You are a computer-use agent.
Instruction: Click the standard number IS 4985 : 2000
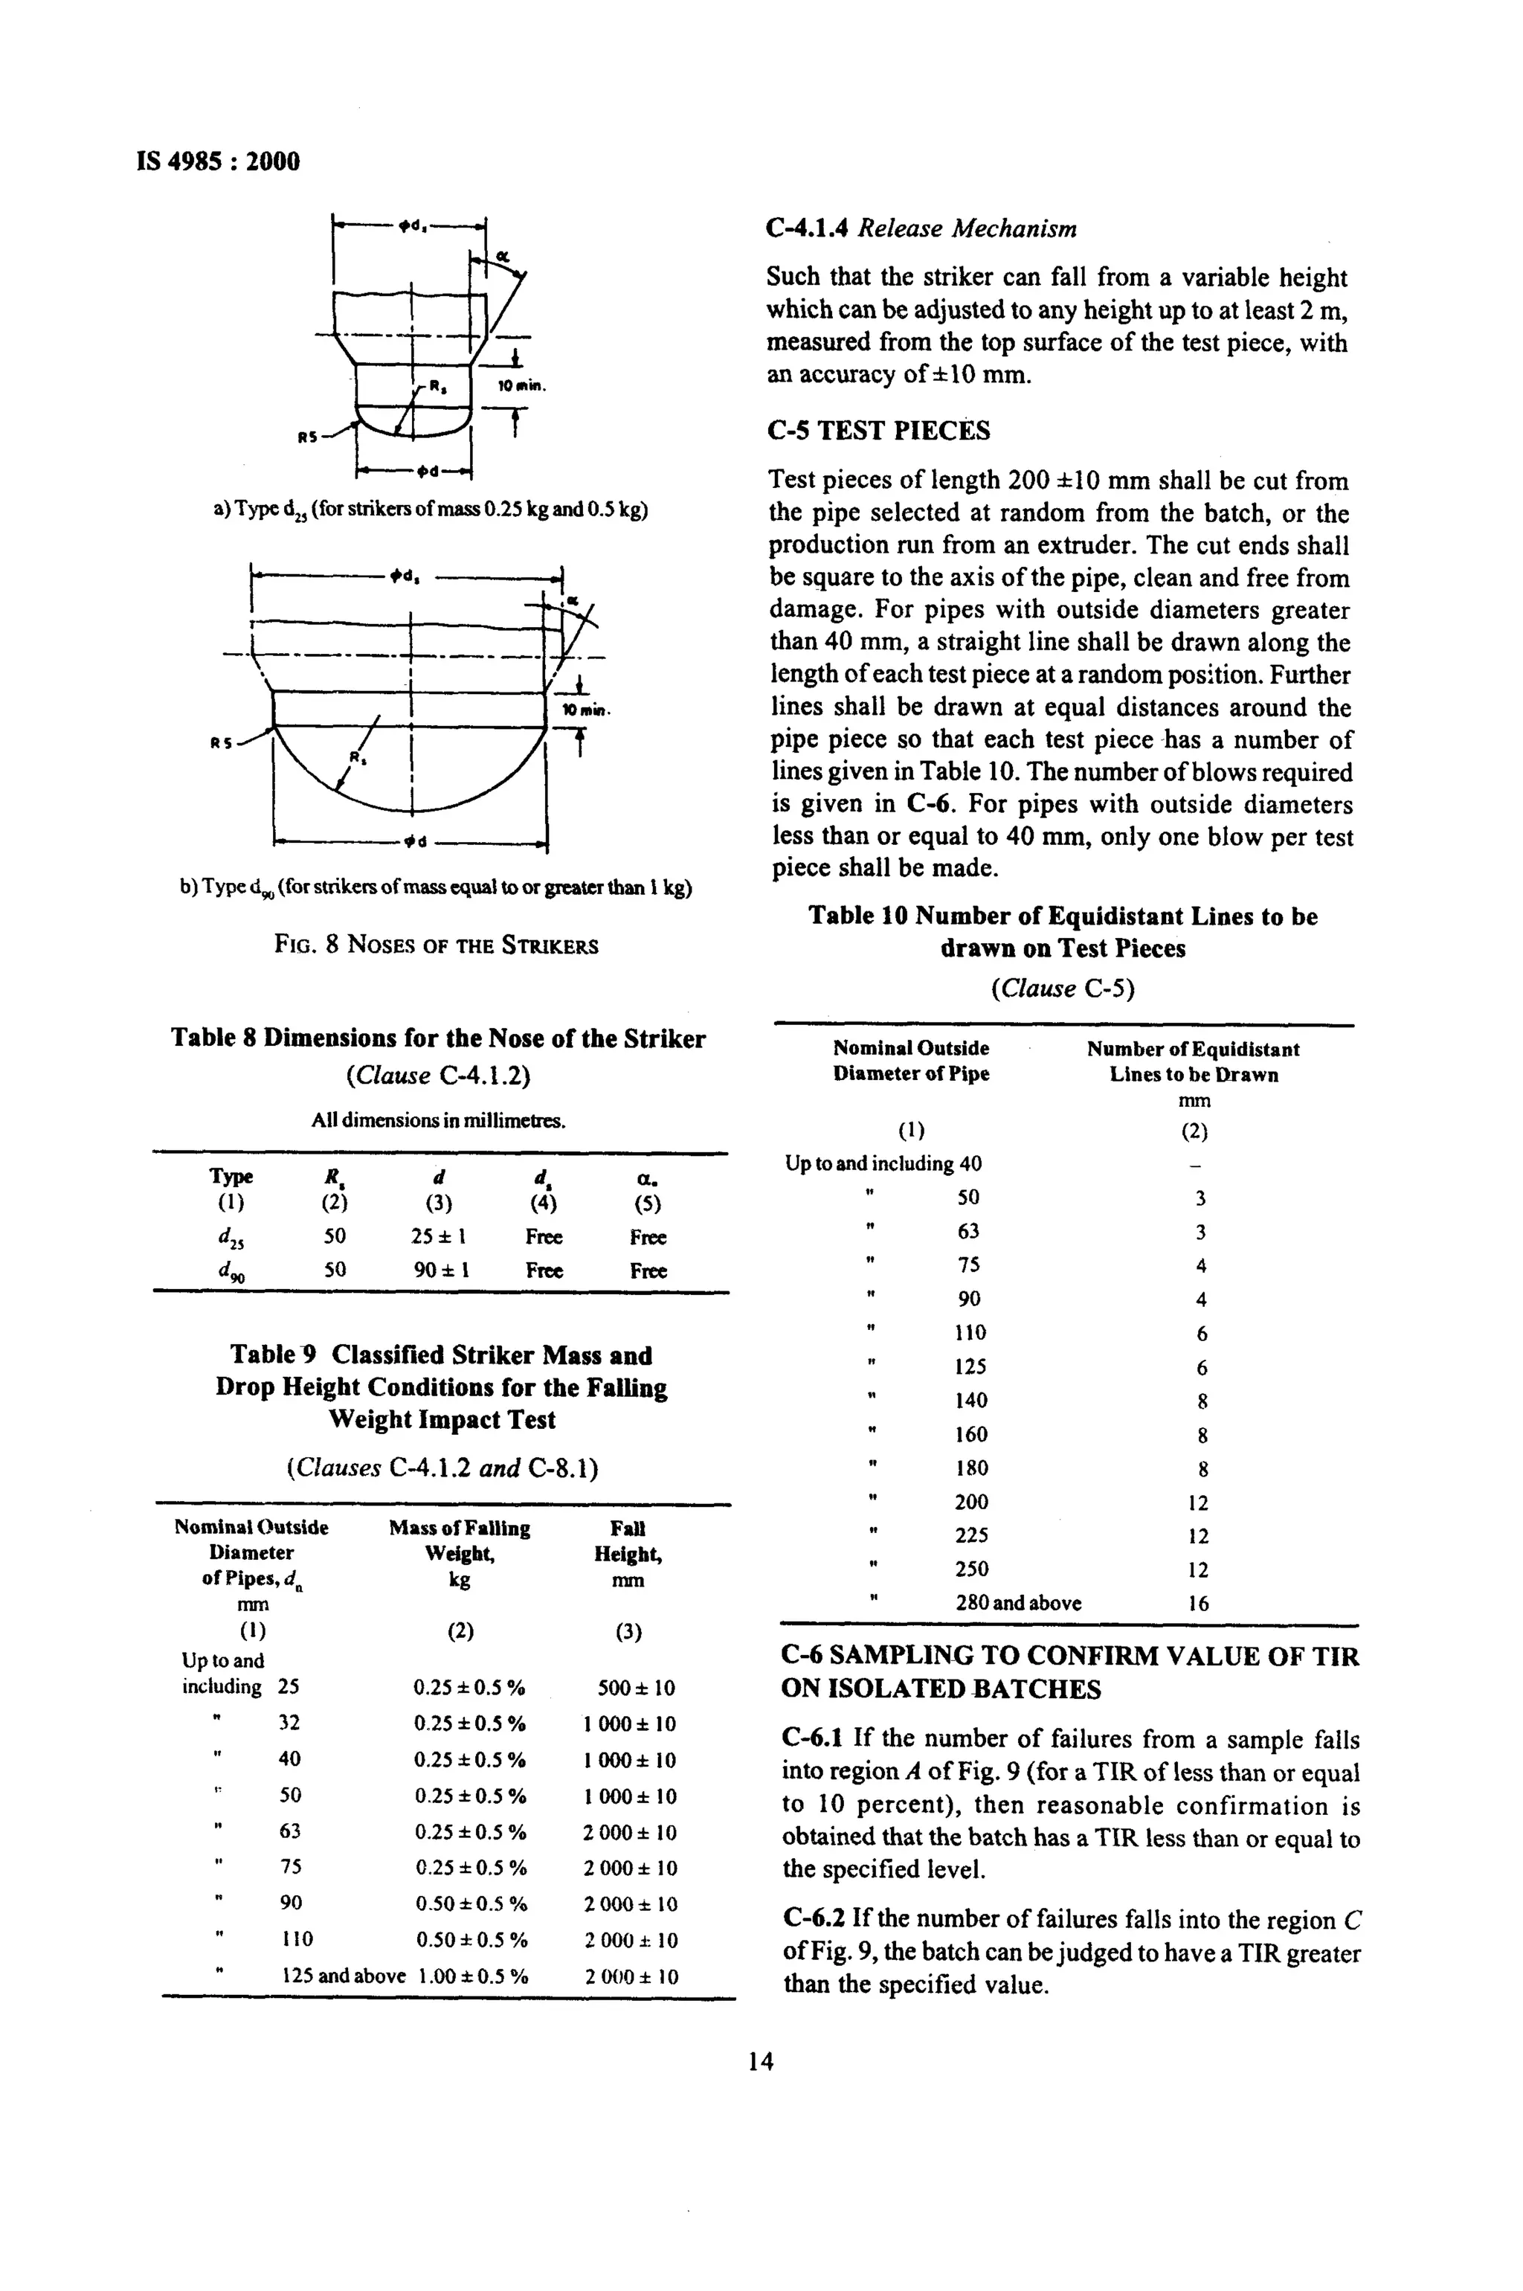coord(219,161)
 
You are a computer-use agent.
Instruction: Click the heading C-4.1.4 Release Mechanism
coord(921,229)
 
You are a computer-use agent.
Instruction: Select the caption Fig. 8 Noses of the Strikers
coord(436,945)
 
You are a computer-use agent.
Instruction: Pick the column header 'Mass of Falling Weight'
coord(460,1554)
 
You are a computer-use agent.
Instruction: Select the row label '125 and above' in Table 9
coord(343,1976)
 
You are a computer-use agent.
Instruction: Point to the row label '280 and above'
coord(1018,1602)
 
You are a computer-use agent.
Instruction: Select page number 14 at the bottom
coord(761,2060)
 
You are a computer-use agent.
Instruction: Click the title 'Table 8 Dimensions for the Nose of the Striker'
coord(438,1038)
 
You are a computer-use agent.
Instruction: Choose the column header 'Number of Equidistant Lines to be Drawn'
coord(1193,1062)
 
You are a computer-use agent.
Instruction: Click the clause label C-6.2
coord(814,1919)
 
